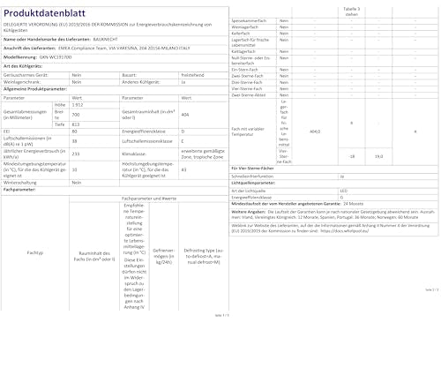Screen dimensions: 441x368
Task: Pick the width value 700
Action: coord(77,114)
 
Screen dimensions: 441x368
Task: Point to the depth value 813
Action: coord(77,124)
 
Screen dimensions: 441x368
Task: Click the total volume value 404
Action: coord(184,115)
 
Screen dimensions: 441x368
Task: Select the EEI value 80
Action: coord(75,131)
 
